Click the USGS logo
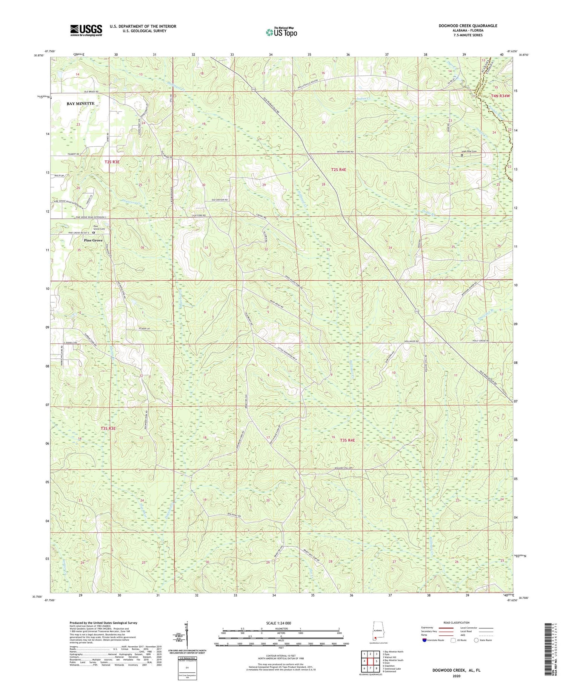point(86,30)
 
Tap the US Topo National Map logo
point(281,32)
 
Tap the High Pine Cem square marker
point(462,155)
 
